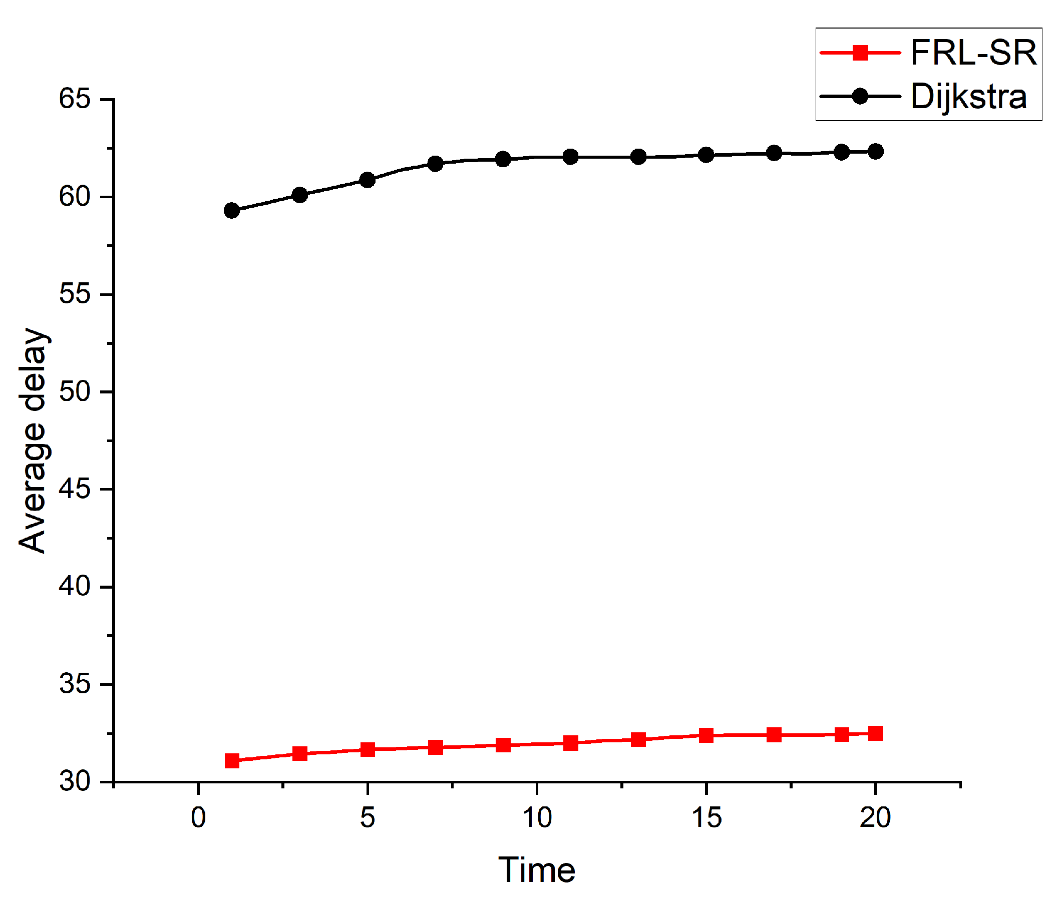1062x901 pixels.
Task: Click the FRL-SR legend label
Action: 972,53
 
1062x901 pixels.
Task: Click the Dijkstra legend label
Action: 968,97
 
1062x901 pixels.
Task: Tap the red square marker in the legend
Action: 860,53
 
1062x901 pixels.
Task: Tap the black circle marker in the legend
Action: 860,96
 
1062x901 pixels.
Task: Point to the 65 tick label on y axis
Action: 75,99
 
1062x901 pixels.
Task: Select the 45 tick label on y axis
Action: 75,490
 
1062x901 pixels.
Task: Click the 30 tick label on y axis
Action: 75,781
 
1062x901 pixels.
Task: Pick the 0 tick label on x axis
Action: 198,817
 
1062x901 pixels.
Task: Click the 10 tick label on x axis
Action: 537,817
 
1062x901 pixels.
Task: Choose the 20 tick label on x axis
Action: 875,817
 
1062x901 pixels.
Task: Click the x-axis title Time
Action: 536,870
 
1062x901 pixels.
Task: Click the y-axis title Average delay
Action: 33,440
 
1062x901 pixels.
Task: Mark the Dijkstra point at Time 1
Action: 232,210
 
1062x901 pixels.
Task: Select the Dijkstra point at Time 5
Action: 368,180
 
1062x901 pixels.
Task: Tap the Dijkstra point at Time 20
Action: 875,152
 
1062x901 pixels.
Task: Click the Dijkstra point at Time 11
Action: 571,157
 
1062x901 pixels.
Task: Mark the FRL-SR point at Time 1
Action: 232,761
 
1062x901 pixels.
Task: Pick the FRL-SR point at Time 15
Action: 706,735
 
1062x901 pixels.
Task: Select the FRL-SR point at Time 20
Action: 875,733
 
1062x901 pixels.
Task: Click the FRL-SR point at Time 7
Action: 435,747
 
